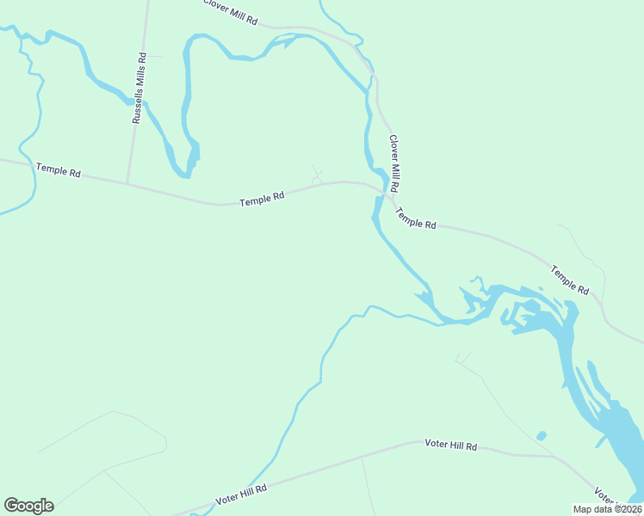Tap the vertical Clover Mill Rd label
[393, 163]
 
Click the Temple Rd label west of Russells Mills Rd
[59, 171]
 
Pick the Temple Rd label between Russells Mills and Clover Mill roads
[262, 200]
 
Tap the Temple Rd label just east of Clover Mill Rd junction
[416, 218]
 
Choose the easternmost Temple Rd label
[569, 279]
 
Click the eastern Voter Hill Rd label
[451, 445]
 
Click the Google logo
[28, 506]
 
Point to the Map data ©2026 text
[607, 509]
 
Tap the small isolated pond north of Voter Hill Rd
[541, 436]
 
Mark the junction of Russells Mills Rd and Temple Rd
[127, 183]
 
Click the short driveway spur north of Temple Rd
[317, 175]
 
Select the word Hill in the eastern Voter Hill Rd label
[454, 445]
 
